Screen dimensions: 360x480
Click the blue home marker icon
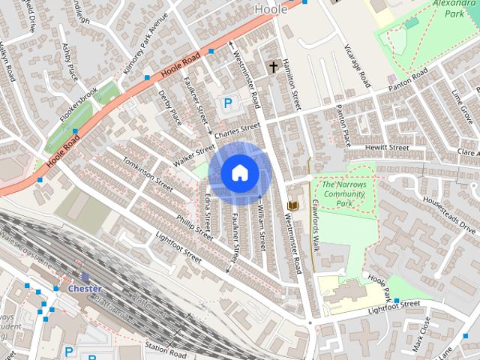[x=238, y=173]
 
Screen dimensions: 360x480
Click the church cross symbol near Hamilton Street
[x=273, y=67]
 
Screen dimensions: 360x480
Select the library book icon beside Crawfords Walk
[x=294, y=205]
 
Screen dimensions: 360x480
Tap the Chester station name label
[x=84, y=288]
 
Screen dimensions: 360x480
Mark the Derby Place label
[x=170, y=107]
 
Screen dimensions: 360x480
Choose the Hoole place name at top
[x=270, y=9]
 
